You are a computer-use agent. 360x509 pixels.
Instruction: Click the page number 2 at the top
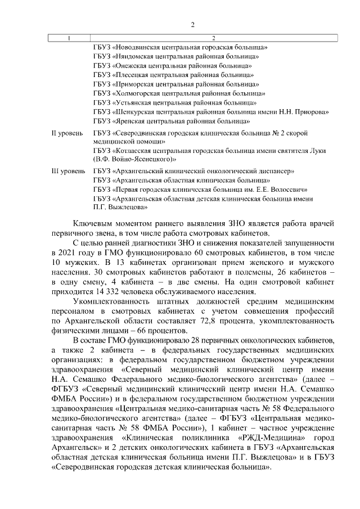pyautogui.click(x=192, y=25)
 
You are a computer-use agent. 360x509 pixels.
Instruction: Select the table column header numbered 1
pyautogui.click(x=69, y=38)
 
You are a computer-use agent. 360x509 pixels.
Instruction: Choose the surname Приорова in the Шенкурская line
pyautogui.click(x=311, y=112)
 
